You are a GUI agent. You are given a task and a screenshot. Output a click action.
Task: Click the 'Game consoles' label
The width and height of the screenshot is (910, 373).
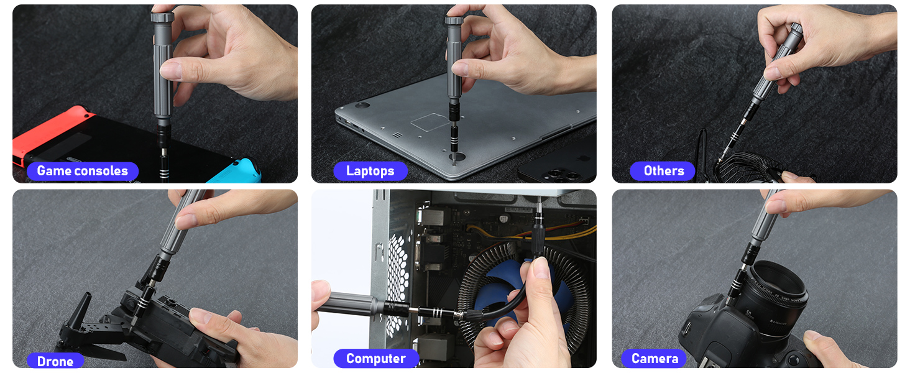point(82,171)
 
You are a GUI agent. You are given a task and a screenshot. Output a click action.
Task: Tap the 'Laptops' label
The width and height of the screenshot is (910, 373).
point(370,171)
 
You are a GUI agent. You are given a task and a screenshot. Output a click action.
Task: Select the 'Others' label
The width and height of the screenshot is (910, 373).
point(663,171)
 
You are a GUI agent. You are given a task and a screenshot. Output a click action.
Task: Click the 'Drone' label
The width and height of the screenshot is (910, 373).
point(55,361)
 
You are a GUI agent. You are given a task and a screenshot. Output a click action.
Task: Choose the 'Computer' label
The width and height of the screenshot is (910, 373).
point(375,359)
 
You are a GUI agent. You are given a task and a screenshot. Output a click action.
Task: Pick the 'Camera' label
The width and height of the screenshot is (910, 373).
point(654,359)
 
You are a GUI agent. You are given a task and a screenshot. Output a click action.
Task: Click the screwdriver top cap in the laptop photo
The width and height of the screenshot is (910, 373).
point(454,21)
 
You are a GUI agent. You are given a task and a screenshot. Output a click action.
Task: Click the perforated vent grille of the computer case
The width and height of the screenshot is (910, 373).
point(398,274)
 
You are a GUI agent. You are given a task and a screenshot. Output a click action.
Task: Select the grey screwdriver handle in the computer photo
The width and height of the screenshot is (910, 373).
point(354,304)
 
